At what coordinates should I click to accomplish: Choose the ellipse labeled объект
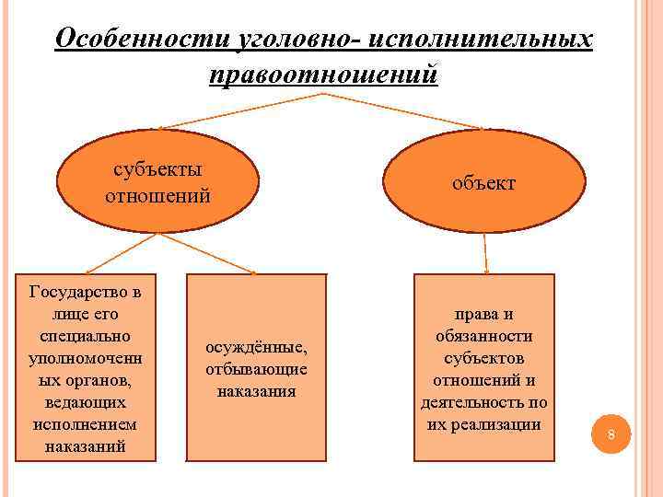484,181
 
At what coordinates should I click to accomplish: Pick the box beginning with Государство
86,368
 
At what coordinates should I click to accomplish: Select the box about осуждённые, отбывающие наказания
256,368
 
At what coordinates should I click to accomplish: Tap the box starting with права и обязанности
484,368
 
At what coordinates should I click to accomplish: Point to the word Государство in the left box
86,293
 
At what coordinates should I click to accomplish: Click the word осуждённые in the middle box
256,348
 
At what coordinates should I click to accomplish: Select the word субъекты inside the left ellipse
157,170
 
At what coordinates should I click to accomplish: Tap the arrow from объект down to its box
484,253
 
